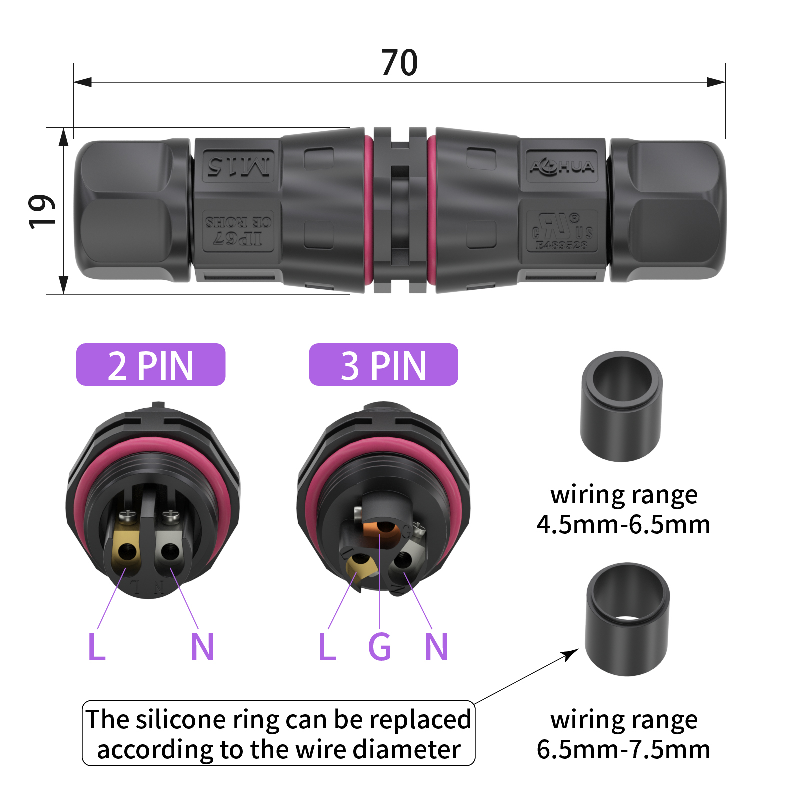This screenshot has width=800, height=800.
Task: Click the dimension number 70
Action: (399, 63)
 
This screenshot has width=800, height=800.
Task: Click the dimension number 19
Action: (41, 212)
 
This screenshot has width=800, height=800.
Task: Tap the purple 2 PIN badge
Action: (151, 365)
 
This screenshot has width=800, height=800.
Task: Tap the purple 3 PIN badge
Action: (383, 365)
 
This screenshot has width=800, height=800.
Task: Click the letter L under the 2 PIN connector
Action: (96, 647)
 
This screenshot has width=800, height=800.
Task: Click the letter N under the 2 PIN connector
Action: (202, 647)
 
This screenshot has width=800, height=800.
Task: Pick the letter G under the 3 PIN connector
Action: (380, 647)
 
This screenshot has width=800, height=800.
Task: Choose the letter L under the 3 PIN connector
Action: (327, 647)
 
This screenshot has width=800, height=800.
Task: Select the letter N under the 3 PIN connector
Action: (436, 647)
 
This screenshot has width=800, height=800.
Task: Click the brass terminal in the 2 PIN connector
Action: (126, 550)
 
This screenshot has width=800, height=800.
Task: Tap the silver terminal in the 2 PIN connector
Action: (170, 550)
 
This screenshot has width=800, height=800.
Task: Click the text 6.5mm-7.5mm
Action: (623, 750)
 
